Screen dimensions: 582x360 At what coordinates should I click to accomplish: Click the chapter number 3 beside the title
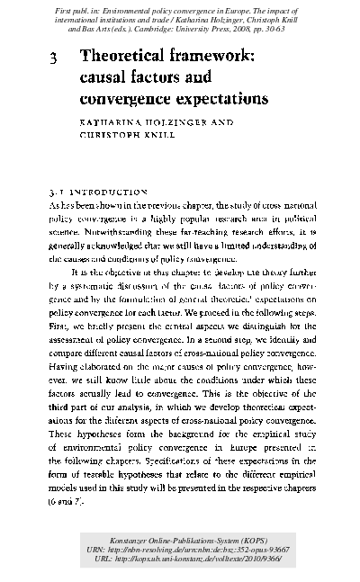(55, 57)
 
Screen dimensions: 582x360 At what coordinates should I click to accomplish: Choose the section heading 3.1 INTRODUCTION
(98, 192)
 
